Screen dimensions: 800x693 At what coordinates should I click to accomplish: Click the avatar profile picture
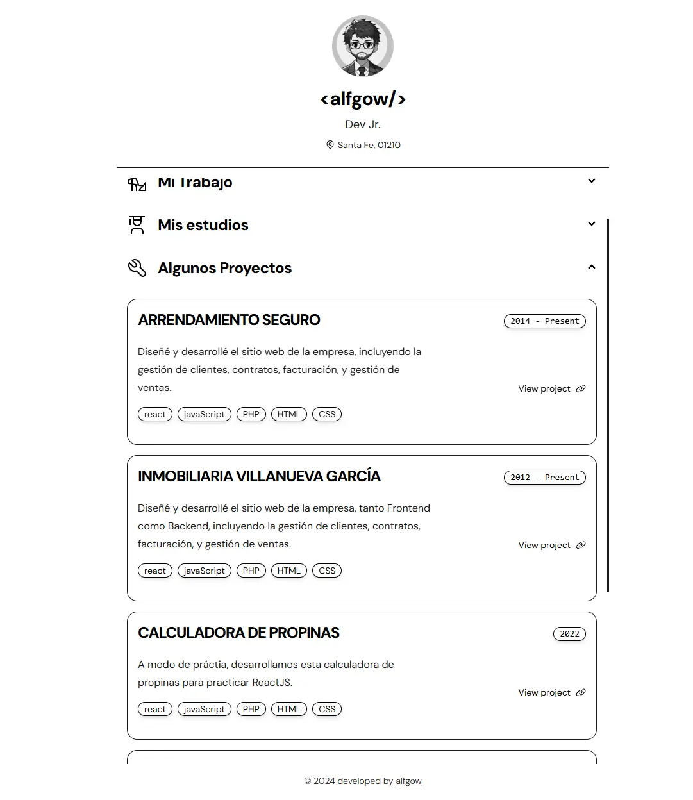(363, 46)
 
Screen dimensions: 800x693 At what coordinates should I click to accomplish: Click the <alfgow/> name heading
(363, 99)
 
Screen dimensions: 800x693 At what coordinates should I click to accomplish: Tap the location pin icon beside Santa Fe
(330, 145)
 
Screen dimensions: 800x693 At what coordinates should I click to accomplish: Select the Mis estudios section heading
(203, 225)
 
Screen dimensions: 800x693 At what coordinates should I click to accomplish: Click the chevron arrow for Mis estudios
(592, 224)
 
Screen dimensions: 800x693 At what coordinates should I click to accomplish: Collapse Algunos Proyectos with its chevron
(592, 267)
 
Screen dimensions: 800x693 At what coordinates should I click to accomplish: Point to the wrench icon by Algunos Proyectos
(137, 268)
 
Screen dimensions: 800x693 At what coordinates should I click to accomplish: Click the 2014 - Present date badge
(544, 321)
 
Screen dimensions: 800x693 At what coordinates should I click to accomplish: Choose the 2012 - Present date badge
(544, 478)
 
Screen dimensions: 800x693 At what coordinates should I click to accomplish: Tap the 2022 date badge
(569, 634)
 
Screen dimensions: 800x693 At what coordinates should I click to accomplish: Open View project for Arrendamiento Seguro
(551, 388)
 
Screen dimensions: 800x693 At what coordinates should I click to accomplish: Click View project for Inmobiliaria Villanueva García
(551, 545)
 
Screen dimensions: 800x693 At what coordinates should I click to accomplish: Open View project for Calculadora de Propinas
(551, 692)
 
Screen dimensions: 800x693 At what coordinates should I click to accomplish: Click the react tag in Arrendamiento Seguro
(155, 414)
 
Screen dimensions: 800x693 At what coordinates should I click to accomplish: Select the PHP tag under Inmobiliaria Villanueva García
(251, 571)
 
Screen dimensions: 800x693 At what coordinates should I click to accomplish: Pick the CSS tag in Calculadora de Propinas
(327, 709)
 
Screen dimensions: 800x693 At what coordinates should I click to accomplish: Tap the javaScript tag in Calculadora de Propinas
(204, 709)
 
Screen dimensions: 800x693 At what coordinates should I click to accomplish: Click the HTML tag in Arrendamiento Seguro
(289, 414)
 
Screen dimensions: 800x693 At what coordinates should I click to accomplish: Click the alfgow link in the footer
(408, 781)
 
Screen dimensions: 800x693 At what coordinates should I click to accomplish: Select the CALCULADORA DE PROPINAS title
(238, 633)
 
